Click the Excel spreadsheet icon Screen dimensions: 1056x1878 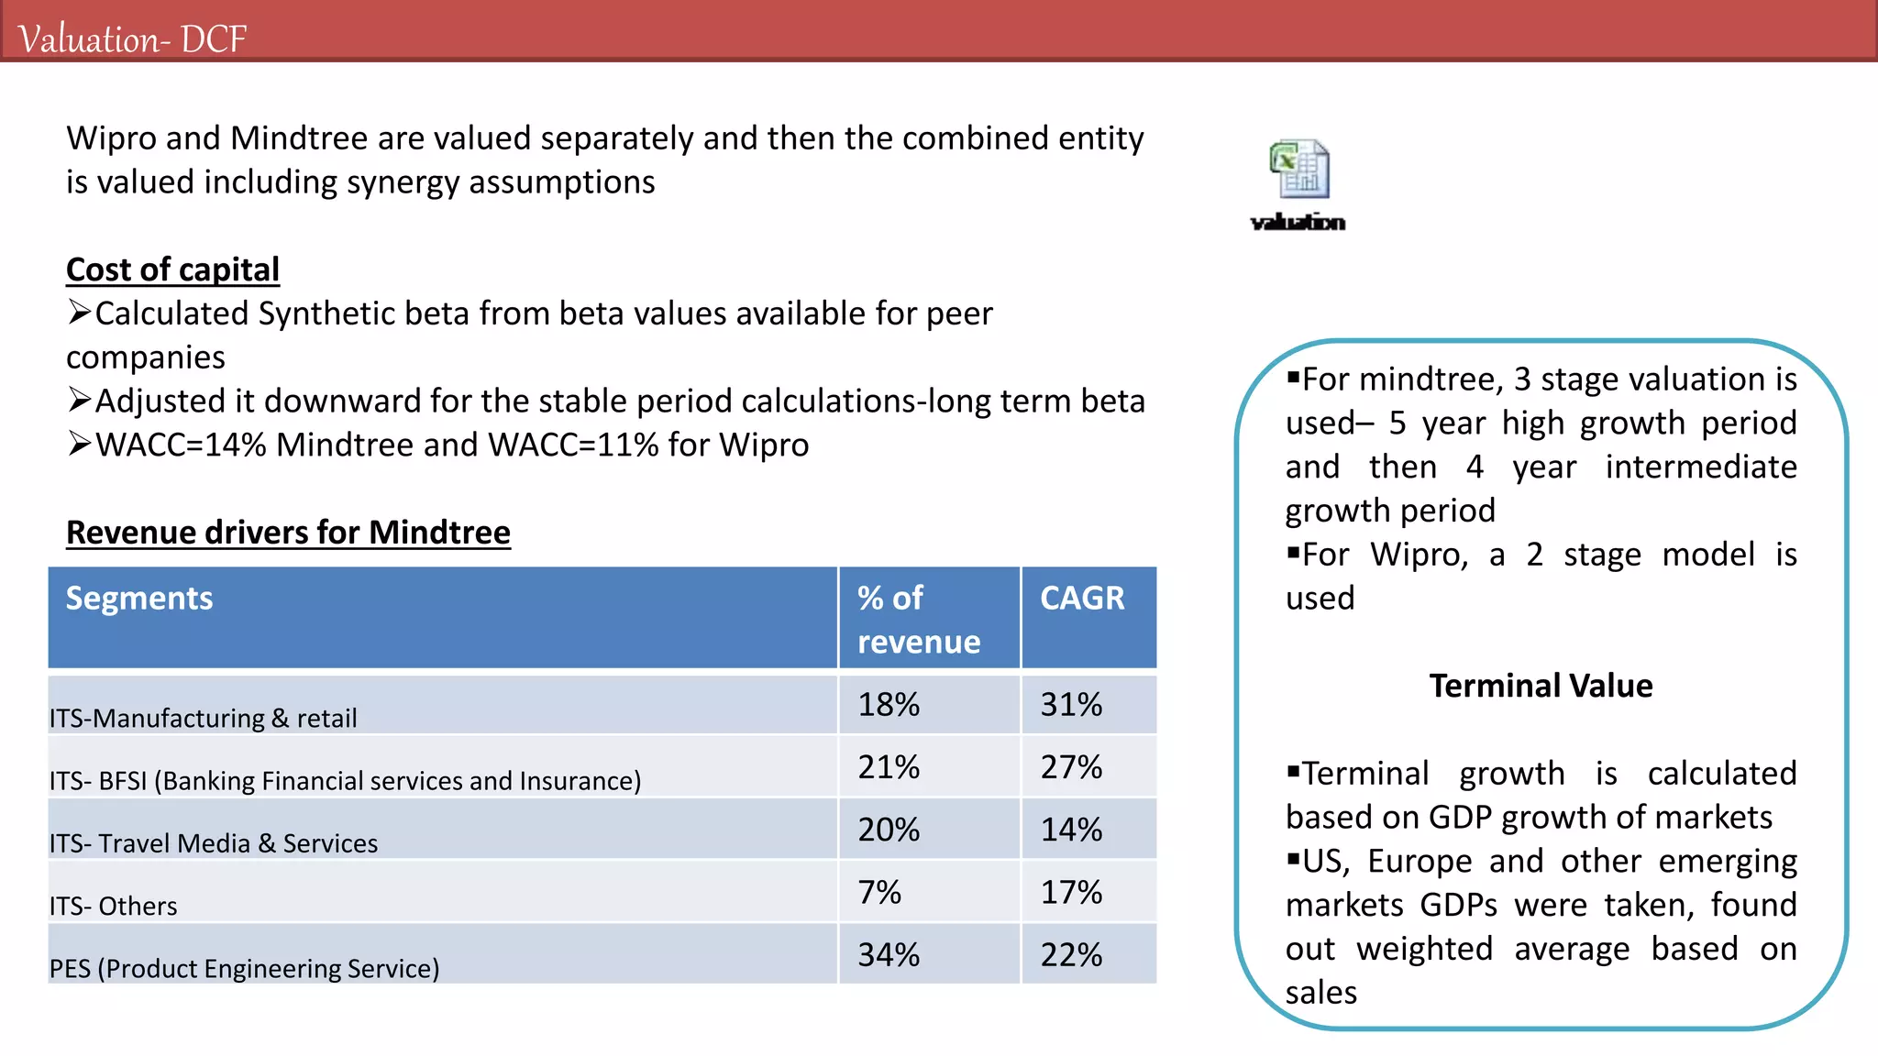point(1299,169)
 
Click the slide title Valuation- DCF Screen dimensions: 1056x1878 point(132,39)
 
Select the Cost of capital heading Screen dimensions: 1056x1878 point(172,269)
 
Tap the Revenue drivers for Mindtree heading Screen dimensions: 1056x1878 point(288,533)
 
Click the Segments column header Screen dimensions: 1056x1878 point(139,599)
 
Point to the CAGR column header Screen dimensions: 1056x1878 point(1082,599)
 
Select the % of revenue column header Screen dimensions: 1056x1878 point(918,620)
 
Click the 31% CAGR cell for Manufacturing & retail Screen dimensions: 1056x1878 point(1071,705)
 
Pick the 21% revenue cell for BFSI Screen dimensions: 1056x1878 point(889,767)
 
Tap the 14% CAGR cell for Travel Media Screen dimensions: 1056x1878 point(1071,830)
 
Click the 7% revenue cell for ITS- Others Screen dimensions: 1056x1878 point(879,892)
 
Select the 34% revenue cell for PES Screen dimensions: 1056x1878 point(889,955)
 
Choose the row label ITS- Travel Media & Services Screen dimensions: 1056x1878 point(214,843)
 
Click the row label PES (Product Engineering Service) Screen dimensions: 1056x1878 point(244,969)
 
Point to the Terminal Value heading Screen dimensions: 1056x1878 point(1541,686)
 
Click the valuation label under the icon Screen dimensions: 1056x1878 point(1298,222)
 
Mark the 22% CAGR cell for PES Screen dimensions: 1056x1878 point(1071,955)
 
